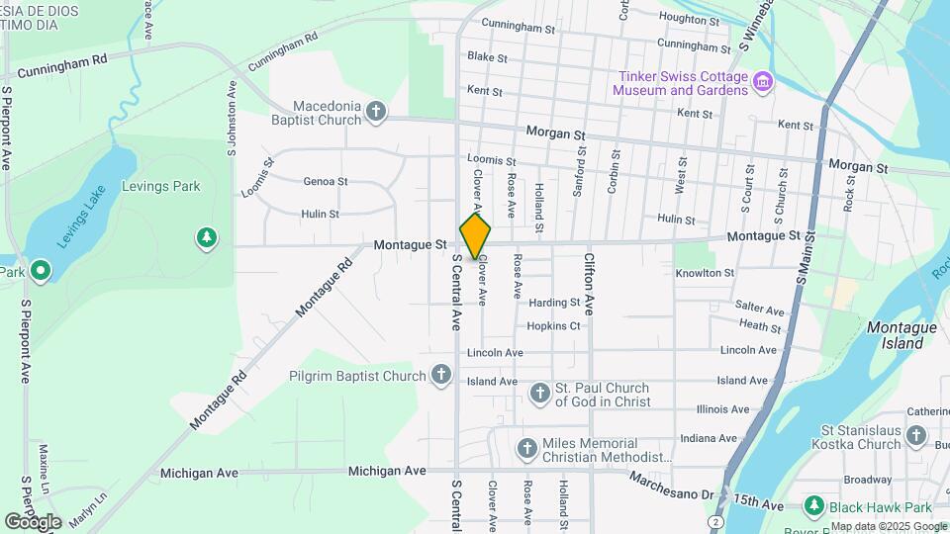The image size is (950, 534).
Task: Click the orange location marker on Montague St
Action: [x=475, y=235]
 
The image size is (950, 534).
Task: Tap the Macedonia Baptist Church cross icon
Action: [x=375, y=111]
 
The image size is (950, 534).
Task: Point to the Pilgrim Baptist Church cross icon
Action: [x=441, y=375]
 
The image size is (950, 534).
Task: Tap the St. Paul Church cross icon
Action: [x=539, y=394]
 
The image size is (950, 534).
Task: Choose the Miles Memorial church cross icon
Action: [x=526, y=450]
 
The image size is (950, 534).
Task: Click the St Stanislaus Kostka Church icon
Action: [x=916, y=436]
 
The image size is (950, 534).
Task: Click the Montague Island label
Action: [x=895, y=335]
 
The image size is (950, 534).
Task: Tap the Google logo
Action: [x=33, y=521]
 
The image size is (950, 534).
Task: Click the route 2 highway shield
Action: [x=715, y=520]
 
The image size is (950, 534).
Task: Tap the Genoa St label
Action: [x=326, y=181]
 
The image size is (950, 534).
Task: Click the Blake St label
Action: [x=487, y=57]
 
